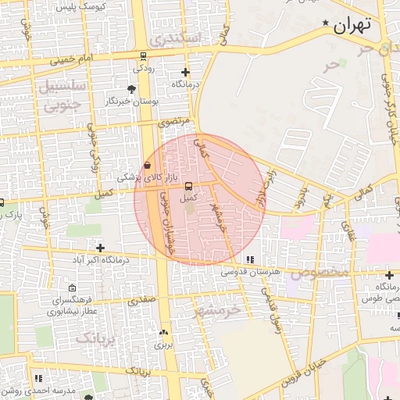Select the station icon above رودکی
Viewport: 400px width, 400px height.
click(141, 56)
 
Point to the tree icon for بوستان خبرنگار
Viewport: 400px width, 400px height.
click(130, 89)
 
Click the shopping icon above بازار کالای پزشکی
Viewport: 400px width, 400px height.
click(148, 166)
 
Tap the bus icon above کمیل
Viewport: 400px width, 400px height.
click(187, 186)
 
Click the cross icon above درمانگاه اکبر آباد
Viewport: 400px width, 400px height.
click(99, 248)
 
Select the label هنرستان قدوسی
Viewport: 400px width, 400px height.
click(249, 272)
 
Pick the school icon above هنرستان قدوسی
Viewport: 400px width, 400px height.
click(250, 259)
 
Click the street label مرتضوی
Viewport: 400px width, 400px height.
click(174, 122)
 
